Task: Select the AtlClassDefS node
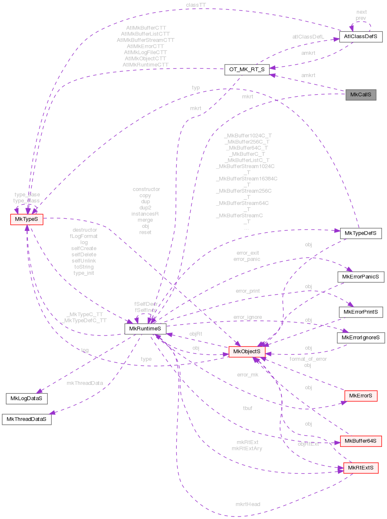361,36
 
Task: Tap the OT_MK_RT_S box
247,70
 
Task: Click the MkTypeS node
26,219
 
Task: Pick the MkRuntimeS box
145,328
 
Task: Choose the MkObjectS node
246,351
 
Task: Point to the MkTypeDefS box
361,233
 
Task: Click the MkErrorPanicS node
361,277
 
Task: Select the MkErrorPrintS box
361,312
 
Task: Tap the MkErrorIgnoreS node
361,337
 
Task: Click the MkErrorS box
361,395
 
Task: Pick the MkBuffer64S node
361,441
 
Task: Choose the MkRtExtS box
361,468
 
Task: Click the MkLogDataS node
26,398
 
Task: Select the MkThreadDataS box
26,419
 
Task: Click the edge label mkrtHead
248,504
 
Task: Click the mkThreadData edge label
85,382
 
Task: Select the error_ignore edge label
248,317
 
